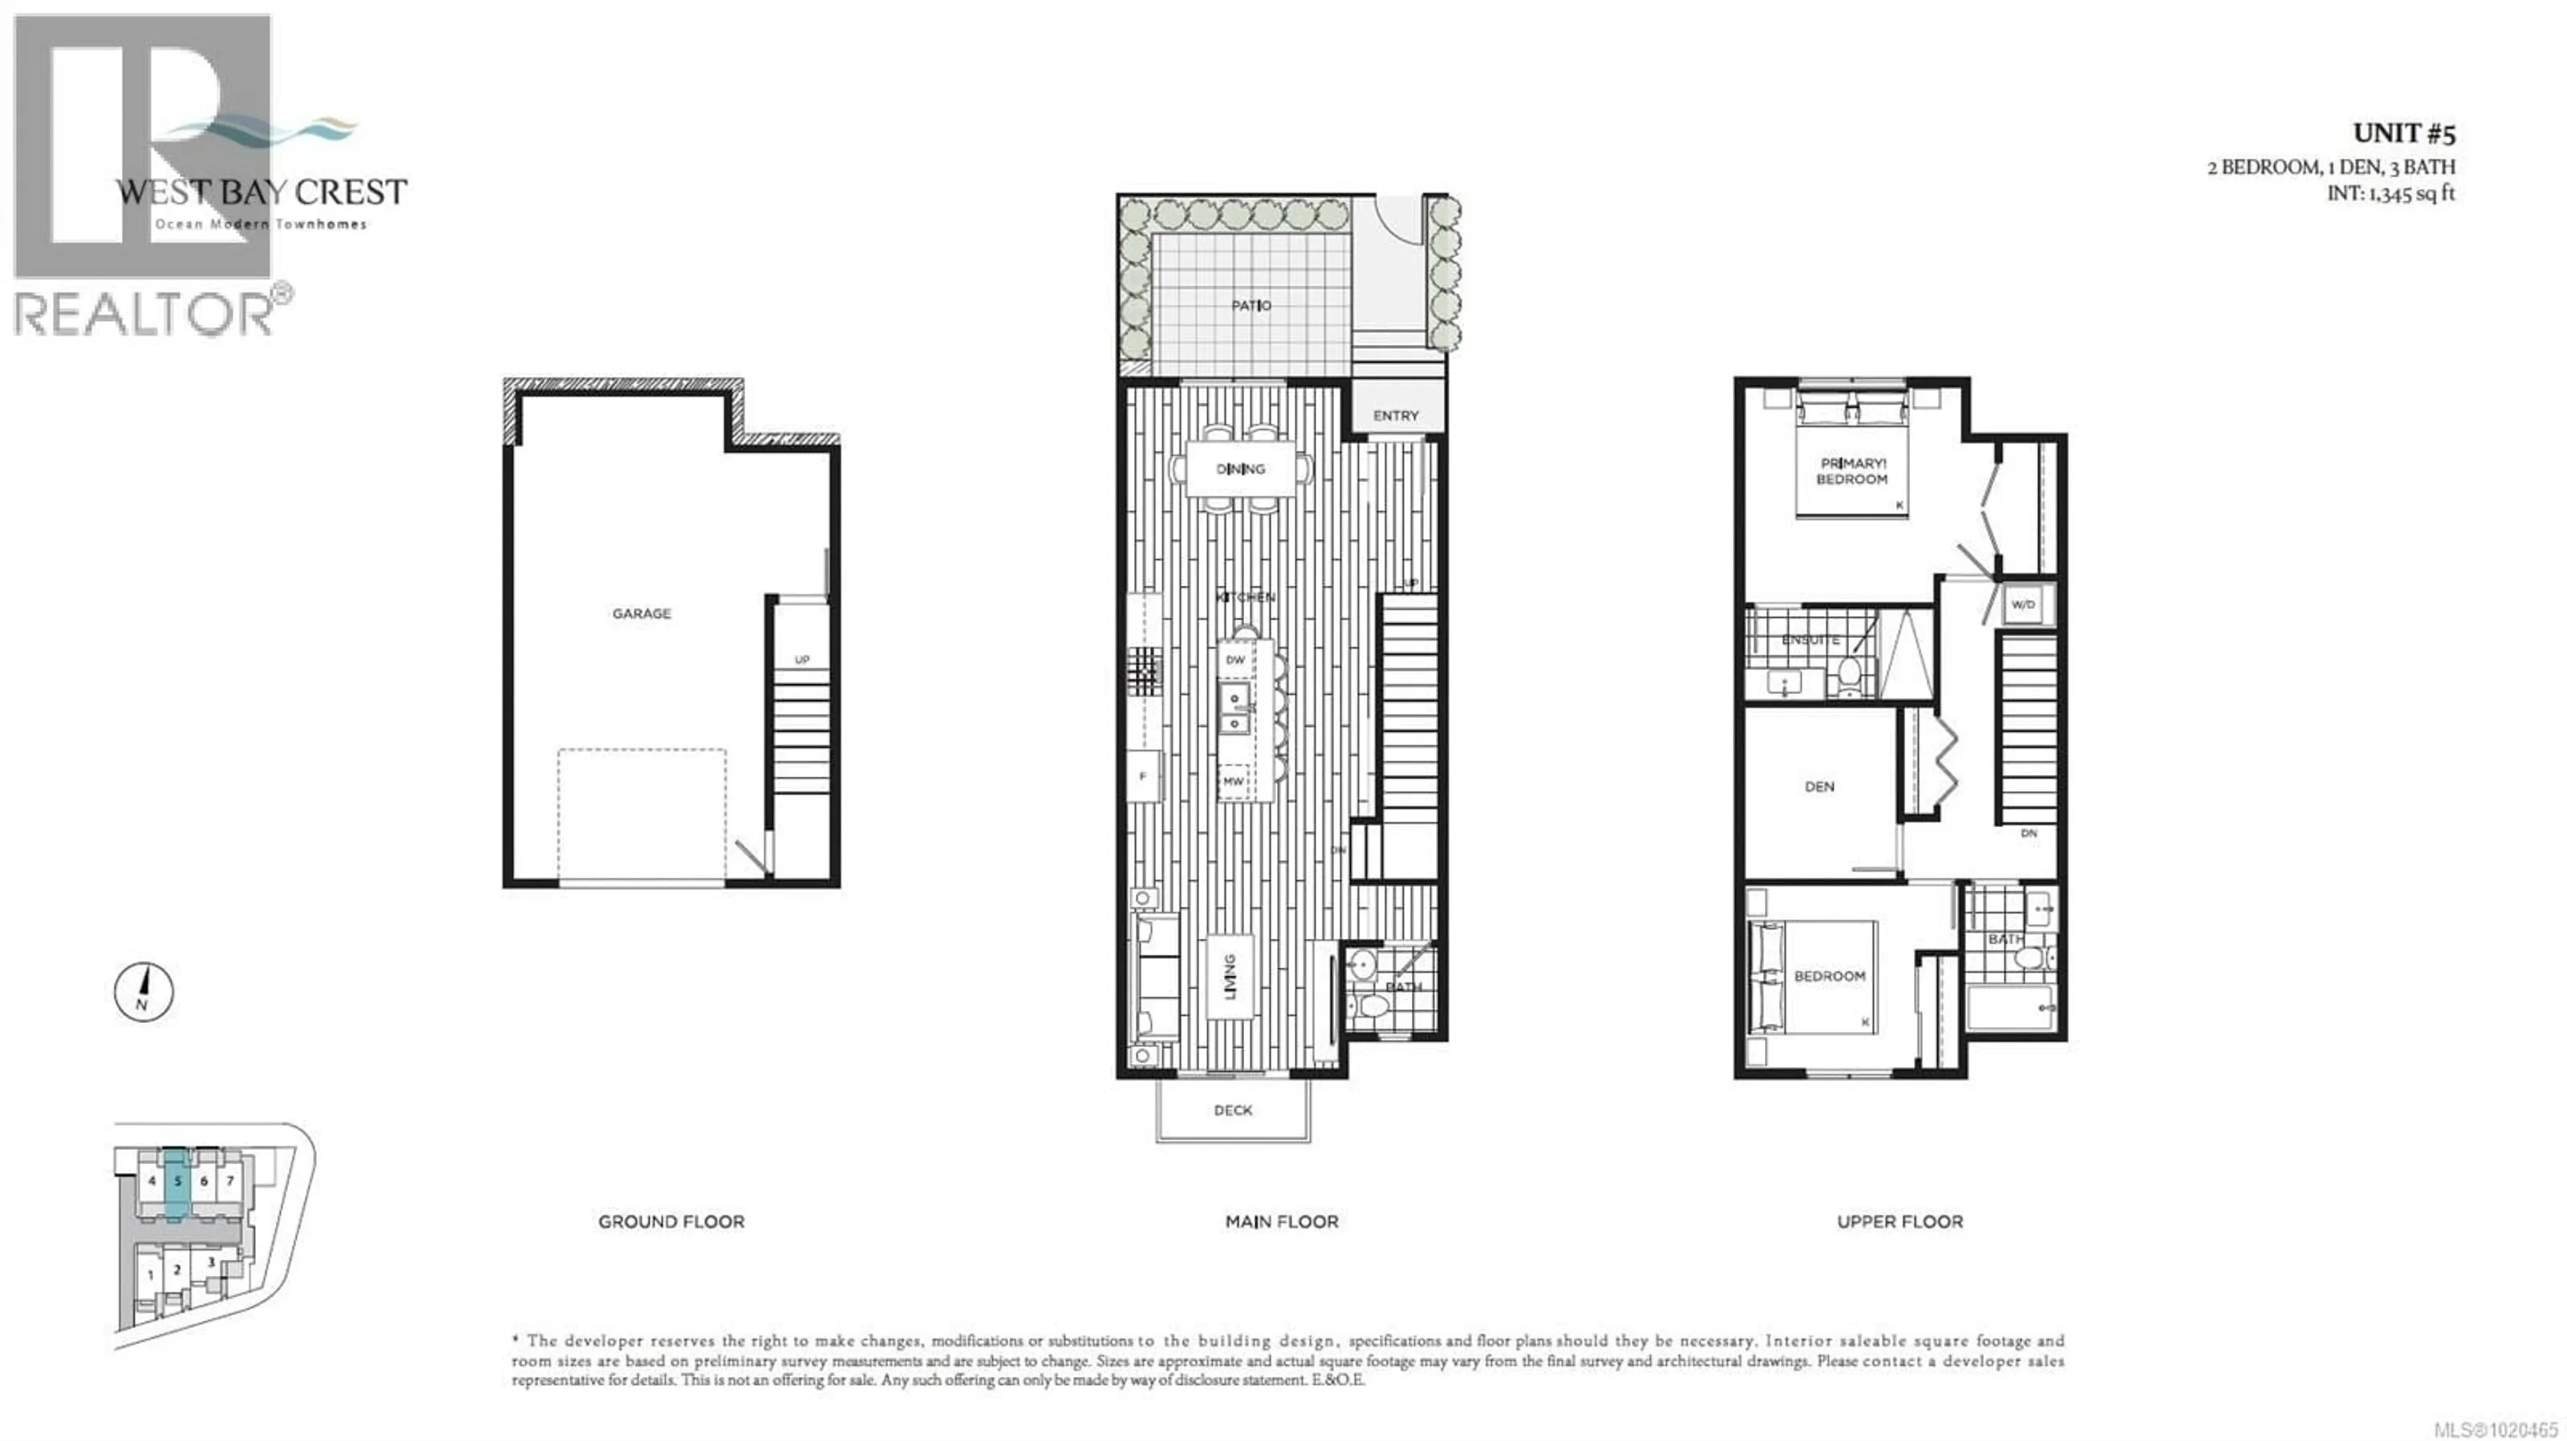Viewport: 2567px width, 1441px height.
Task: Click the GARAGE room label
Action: [x=641, y=614]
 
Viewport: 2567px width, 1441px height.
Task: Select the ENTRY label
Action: [x=1395, y=415]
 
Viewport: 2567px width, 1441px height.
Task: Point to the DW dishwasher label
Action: [x=1235, y=661]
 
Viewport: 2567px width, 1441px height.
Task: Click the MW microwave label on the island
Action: [x=1233, y=781]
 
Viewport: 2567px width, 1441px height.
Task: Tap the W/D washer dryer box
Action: [x=2022, y=605]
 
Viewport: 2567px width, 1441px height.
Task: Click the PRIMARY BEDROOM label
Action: [x=1852, y=471]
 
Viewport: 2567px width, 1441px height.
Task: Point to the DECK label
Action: [x=1233, y=1110]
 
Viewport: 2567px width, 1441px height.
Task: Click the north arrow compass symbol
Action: [x=144, y=992]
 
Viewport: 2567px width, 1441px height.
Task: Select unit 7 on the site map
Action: [x=229, y=1181]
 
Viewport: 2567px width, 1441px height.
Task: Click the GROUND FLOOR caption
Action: [x=670, y=1222]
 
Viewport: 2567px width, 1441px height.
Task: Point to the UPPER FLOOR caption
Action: [x=1899, y=1222]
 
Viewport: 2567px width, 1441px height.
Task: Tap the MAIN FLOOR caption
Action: [x=1281, y=1222]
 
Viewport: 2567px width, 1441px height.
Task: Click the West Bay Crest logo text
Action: [x=261, y=193]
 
